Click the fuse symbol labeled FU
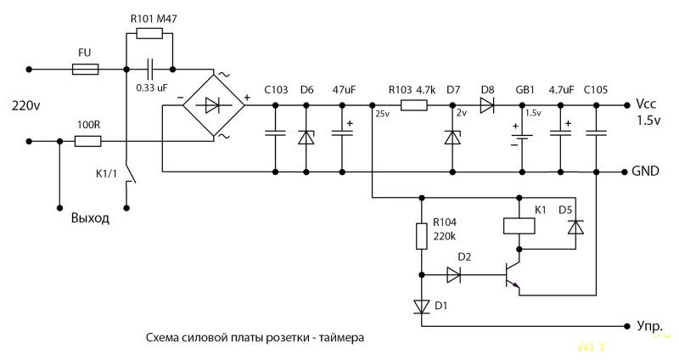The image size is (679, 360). click(85, 70)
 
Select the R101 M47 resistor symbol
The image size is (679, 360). click(149, 33)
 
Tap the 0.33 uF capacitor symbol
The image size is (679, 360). click(151, 70)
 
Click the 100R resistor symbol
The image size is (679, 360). click(88, 141)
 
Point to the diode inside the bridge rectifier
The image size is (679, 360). click(212, 104)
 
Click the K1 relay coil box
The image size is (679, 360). click(519, 226)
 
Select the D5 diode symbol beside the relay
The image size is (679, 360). click(575, 227)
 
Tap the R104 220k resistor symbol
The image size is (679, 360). click(421, 236)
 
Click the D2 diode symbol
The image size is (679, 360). click(453, 274)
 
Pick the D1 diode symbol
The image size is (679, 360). click(421, 307)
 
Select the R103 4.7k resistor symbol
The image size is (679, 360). click(413, 105)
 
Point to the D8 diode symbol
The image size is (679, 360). click(487, 105)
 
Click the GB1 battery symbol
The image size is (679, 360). click(522, 137)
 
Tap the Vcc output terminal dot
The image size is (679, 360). click(626, 105)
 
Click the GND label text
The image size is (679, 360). click(645, 172)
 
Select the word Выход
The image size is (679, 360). click(90, 217)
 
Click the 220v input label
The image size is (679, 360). click(25, 105)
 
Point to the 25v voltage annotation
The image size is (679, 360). click(383, 114)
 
